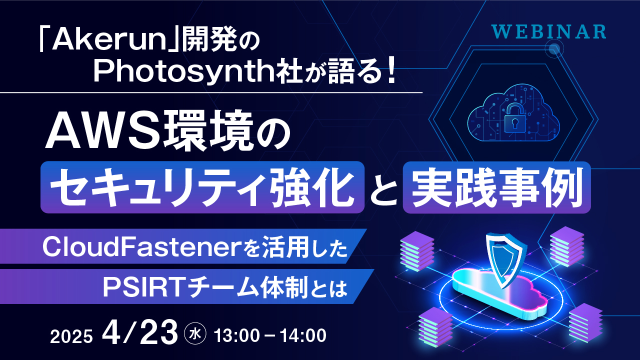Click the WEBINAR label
point(548,31)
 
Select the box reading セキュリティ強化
point(202,187)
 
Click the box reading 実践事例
point(496,187)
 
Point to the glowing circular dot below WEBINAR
point(553,49)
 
